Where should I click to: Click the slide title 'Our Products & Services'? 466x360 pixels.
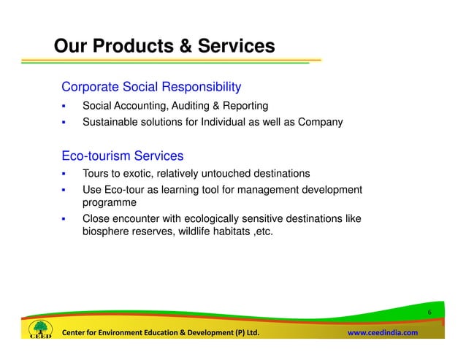[164, 47]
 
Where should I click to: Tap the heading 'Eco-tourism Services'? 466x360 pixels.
[122, 156]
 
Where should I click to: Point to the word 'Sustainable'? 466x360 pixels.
[110, 123]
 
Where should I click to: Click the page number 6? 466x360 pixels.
[430, 314]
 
